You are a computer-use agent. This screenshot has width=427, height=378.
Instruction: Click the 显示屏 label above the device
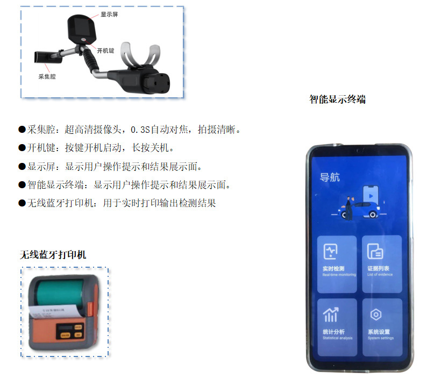pyautogui.click(x=109, y=15)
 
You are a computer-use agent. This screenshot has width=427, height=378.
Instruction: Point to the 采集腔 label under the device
pyautogui.click(x=47, y=77)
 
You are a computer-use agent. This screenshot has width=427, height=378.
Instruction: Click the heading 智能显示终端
pyautogui.click(x=337, y=99)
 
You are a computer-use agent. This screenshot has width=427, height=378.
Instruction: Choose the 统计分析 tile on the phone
pyautogui.click(x=337, y=326)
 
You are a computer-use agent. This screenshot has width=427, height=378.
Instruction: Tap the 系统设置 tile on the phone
pyautogui.click(x=381, y=326)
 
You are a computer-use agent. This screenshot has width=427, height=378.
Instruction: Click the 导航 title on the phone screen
pyautogui.click(x=330, y=177)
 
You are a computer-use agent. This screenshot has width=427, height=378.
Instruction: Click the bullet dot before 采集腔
pyautogui.click(x=22, y=130)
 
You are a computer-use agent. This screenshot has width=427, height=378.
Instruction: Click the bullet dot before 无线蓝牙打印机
pyautogui.click(x=22, y=203)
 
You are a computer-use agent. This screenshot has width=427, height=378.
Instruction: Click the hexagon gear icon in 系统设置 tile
pyautogui.click(x=375, y=315)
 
